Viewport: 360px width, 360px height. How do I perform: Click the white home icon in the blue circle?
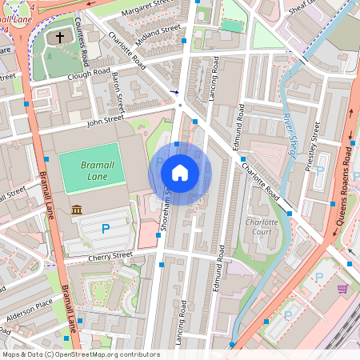click(180, 172)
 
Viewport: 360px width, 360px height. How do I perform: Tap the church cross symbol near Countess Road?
click(61, 38)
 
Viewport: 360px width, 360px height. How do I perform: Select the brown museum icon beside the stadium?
click(77, 210)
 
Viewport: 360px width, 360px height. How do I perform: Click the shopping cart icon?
click(343, 289)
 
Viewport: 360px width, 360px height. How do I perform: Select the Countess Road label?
click(82, 32)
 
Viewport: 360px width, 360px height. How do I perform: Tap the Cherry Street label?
click(111, 255)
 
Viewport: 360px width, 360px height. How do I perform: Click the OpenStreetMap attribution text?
click(80, 354)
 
